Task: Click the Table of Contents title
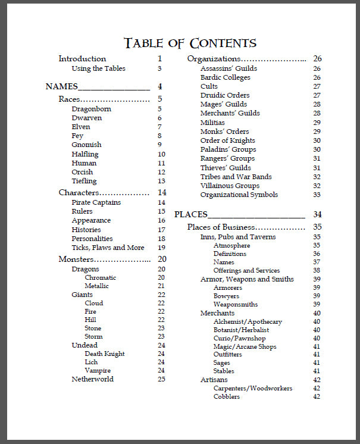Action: (x=190, y=43)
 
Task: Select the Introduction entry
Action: (x=82, y=59)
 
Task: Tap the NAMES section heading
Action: (x=62, y=87)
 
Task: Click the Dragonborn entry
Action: (x=91, y=109)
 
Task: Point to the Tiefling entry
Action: (x=84, y=181)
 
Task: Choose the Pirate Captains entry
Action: (x=96, y=202)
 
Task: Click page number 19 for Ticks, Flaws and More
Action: (x=161, y=248)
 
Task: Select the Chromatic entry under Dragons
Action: (x=101, y=277)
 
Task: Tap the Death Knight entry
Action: (x=105, y=354)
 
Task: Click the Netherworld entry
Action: (x=92, y=379)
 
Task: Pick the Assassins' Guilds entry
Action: (x=228, y=68)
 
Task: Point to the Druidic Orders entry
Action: (x=225, y=95)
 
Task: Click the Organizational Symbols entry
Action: (x=239, y=195)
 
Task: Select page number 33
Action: (x=317, y=195)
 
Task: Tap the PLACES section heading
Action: (x=190, y=214)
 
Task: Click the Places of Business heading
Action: (x=221, y=227)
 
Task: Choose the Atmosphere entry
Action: (x=232, y=245)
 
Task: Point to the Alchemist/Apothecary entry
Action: (x=248, y=321)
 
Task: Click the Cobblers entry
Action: (x=227, y=396)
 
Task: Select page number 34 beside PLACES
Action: (x=317, y=214)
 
